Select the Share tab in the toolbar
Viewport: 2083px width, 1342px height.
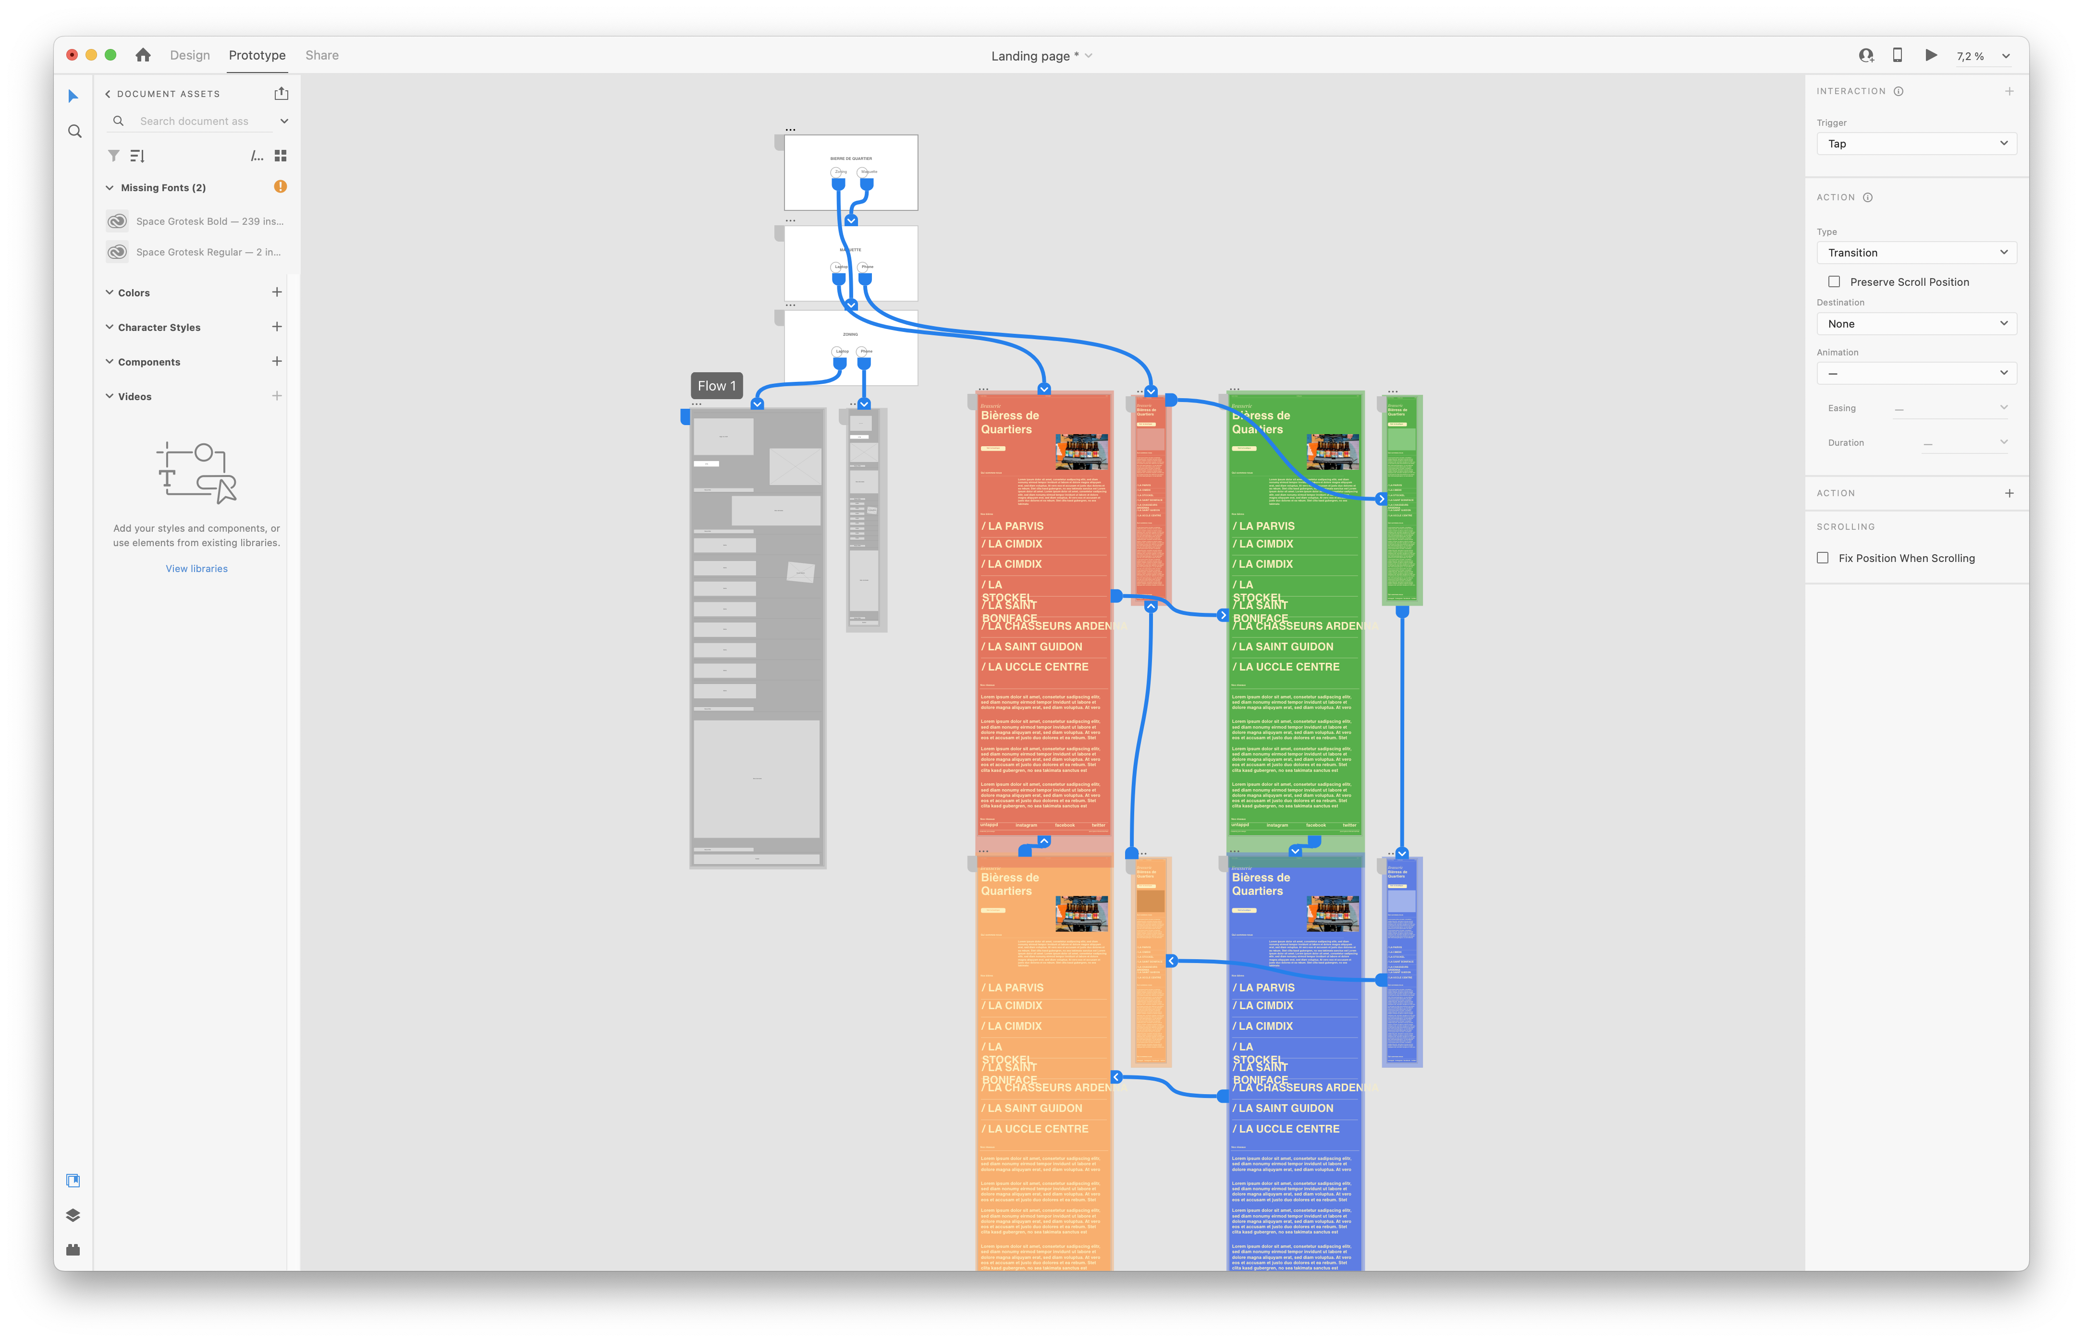pyautogui.click(x=321, y=55)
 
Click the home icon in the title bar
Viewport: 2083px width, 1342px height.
pyautogui.click(x=143, y=55)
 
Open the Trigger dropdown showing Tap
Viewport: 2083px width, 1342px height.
pyautogui.click(x=1916, y=144)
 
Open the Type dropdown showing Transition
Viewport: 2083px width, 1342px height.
pyautogui.click(x=1916, y=253)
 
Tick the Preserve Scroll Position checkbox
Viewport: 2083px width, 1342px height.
pyautogui.click(x=1834, y=281)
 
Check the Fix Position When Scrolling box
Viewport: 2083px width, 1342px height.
pyautogui.click(x=1823, y=558)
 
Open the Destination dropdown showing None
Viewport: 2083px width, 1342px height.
pyautogui.click(x=1916, y=323)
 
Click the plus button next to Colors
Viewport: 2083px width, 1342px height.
pyautogui.click(x=276, y=292)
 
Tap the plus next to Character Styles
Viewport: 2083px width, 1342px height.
pyautogui.click(x=276, y=327)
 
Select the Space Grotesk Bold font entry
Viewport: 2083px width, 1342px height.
pyautogui.click(x=209, y=221)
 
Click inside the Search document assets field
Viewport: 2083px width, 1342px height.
pyautogui.click(x=200, y=121)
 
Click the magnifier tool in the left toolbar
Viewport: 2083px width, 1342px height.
pyautogui.click(x=75, y=132)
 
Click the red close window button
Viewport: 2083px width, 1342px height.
pyautogui.click(x=73, y=55)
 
